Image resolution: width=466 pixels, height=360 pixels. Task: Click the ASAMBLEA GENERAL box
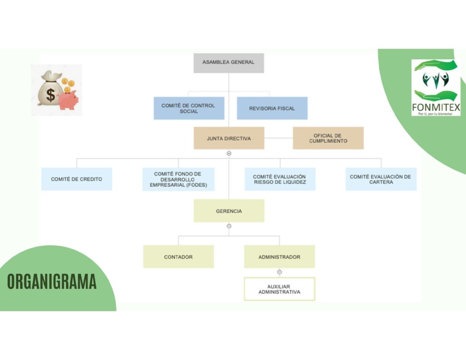(x=228, y=62)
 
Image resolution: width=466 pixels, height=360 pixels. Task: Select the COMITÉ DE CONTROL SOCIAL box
(x=188, y=108)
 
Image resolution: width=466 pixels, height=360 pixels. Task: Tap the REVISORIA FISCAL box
(x=272, y=108)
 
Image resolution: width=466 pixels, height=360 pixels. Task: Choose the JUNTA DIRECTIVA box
(x=228, y=138)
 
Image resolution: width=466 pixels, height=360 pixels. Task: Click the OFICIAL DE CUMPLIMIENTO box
(x=328, y=138)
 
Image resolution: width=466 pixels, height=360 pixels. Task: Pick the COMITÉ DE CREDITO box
(x=76, y=179)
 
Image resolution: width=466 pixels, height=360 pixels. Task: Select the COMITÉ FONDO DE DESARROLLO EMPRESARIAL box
(x=178, y=179)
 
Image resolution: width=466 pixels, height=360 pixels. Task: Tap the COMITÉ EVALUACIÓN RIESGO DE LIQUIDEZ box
(x=279, y=179)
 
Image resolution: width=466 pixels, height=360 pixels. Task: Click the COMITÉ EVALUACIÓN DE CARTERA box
(x=380, y=179)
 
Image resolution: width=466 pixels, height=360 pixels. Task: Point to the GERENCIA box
(x=228, y=211)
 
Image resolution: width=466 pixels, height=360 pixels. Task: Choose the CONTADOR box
(x=178, y=257)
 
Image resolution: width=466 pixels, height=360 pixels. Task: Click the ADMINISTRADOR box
(x=279, y=257)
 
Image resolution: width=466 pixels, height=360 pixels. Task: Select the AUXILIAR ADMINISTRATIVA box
(x=279, y=289)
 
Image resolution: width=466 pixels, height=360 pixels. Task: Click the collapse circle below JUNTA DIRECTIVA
(x=229, y=153)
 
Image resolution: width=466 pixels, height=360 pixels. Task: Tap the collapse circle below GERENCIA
(x=229, y=226)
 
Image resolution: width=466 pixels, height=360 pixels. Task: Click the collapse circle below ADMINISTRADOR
(x=279, y=272)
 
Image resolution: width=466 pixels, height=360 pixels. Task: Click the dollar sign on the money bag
(x=50, y=95)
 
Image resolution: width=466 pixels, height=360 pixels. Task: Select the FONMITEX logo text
(x=436, y=108)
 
